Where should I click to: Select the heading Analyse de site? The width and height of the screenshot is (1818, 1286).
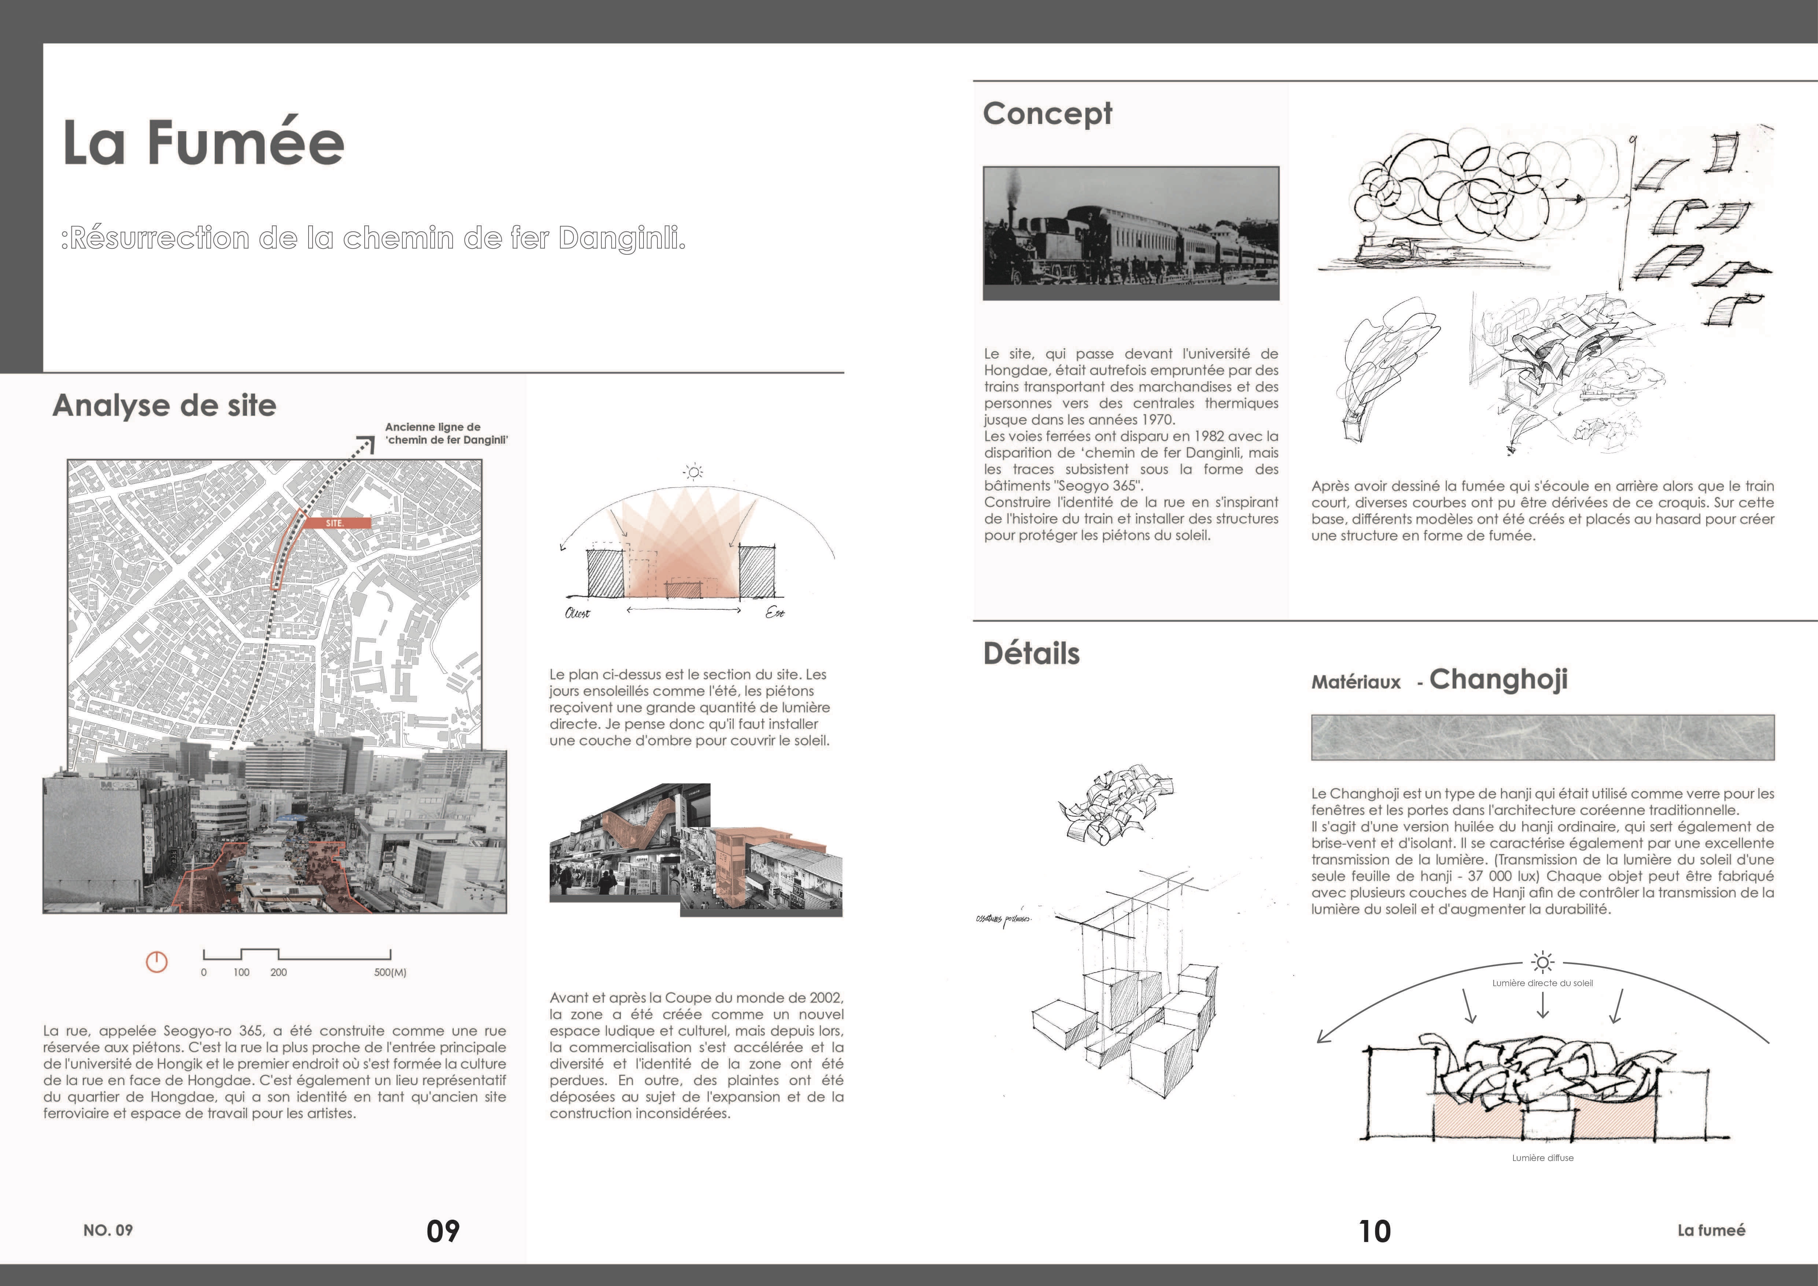point(164,405)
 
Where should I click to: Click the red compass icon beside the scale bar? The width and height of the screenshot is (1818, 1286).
point(157,962)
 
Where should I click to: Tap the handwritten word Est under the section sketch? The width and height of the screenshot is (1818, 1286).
point(774,613)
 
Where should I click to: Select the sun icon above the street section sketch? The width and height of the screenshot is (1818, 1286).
point(694,473)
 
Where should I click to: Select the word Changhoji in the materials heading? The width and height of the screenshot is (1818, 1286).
point(1498,679)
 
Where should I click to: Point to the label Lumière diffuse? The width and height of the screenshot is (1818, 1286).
point(1542,1158)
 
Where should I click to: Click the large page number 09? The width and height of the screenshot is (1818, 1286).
point(443,1231)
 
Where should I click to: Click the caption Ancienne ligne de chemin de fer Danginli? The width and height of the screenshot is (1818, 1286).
point(446,433)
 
